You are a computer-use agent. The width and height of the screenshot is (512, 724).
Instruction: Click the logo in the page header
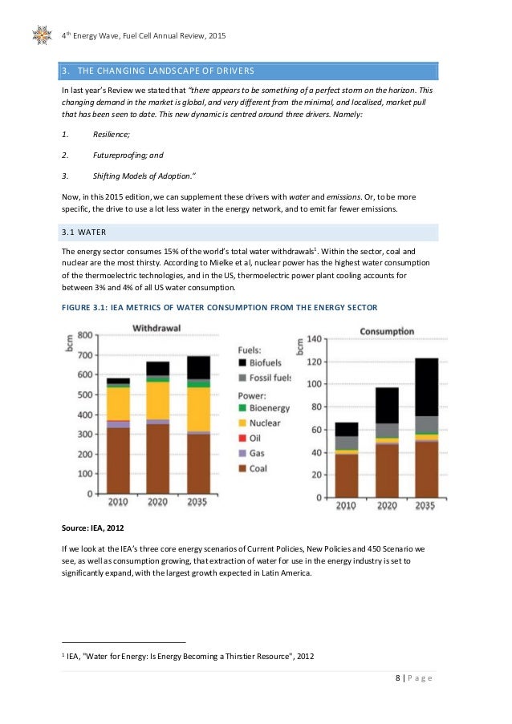(43, 34)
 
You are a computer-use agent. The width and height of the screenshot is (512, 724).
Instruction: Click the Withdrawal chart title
(156, 328)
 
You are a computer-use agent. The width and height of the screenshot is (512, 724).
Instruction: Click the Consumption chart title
(387, 331)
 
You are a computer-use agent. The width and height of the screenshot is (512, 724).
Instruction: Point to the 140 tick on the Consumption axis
(314, 339)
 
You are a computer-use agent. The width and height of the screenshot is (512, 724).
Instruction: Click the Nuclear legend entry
(264, 423)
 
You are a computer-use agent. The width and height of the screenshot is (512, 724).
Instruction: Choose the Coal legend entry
(258, 468)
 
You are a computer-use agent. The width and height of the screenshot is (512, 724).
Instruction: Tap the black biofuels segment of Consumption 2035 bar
(427, 386)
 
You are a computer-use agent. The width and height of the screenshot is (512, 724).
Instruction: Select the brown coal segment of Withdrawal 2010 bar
(119, 460)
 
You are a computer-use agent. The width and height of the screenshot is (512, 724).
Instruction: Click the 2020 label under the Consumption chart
(388, 507)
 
